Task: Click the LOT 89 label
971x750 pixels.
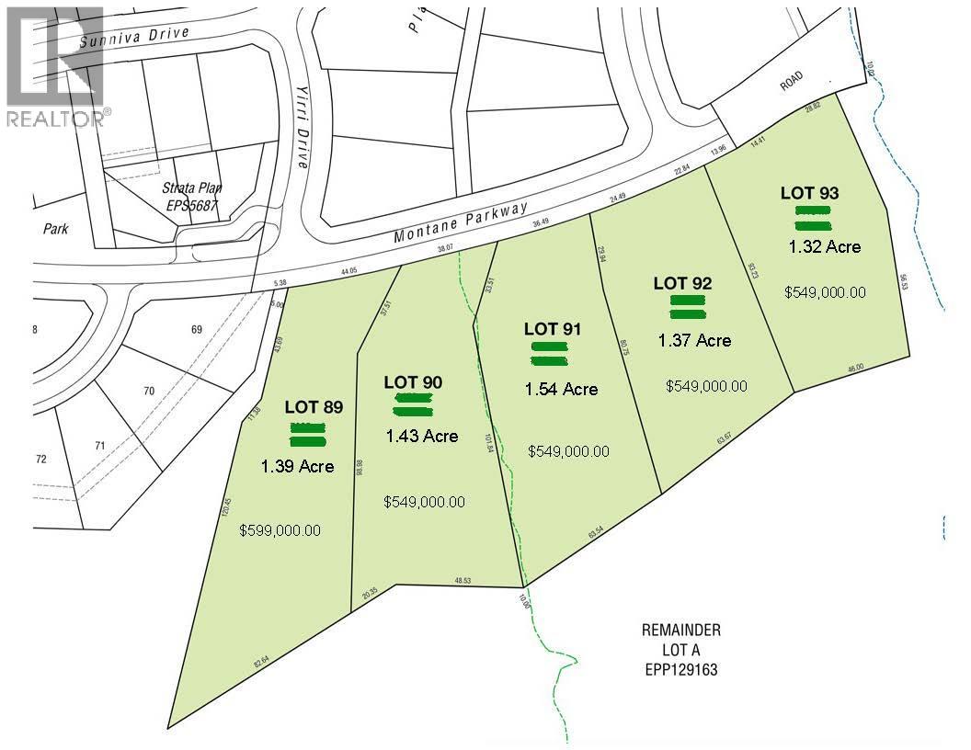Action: pos(314,407)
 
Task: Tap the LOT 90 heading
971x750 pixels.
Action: pos(413,381)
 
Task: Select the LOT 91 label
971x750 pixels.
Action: pos(553,328)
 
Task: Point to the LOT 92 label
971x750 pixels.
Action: pos(682,282)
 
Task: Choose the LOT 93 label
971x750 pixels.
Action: pos(809,193)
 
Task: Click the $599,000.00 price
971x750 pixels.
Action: pos(280,530)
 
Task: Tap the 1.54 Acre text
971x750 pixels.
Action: pos(561,390)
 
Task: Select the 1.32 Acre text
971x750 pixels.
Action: pos(825,246)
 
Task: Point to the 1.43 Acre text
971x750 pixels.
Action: pos(422,436)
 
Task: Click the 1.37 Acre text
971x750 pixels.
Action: pos(694,340)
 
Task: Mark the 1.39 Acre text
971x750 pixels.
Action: pos(297,466)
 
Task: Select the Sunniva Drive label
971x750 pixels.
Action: pos(134,37)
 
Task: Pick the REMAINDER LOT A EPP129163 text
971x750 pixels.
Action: pos(680,651)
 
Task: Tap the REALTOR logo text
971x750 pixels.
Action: pos(56,118)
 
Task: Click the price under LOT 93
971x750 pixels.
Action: pos(825,292)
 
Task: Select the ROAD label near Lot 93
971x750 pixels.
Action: pos(791,84)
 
